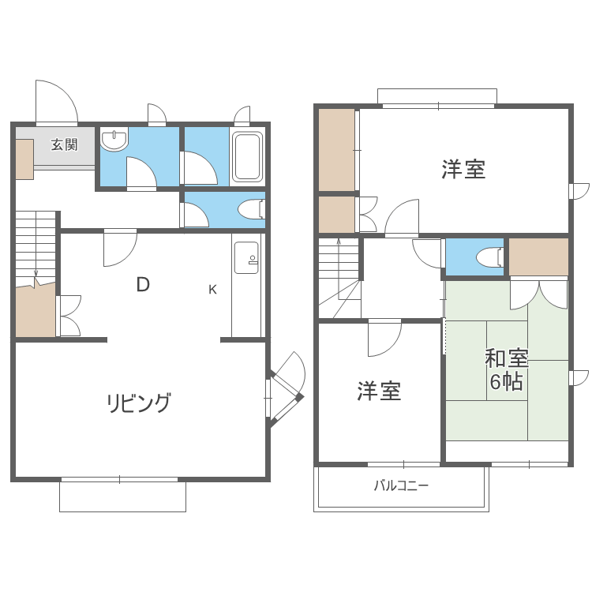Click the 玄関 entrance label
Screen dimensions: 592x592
[65, 144]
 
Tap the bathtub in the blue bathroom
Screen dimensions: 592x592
[248, 157]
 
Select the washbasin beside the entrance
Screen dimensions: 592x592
[114, 141]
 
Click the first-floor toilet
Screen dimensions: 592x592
[251, 209]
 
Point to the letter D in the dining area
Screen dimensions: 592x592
[143, 285]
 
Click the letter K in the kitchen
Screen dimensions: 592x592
[212, 289]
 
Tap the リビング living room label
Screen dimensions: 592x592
[139, 403]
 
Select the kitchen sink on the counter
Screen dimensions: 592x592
[245, 257]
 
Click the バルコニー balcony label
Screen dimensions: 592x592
[401, 485]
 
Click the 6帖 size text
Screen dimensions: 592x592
[506, 383]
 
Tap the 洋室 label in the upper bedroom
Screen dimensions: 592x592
[463, 169]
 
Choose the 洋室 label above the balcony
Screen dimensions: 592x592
[379, 391]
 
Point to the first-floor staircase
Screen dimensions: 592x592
[36, 245]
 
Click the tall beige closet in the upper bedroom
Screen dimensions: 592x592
[336, 149]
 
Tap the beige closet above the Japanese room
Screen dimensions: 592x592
[538, 256]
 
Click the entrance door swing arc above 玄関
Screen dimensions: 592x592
[57, 101]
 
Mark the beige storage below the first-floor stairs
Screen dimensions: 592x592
[35, 309]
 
